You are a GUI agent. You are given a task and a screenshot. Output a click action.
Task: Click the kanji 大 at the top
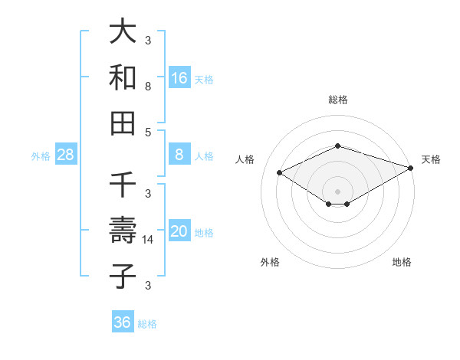123,32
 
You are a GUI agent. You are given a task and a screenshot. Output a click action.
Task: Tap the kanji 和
123,77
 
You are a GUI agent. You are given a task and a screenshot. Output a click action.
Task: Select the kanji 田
123,123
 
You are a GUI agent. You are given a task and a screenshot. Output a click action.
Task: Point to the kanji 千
123,185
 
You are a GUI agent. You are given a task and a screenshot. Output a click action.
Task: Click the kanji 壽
123,231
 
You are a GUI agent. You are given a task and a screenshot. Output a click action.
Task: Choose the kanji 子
123,276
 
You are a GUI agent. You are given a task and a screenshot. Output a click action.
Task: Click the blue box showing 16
179,77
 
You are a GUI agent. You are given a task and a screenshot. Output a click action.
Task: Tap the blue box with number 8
179,155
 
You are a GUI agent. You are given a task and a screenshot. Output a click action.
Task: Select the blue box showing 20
179,231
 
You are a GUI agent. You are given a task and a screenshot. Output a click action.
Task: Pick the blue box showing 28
66,155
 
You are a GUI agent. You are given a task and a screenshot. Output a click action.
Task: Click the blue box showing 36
123,322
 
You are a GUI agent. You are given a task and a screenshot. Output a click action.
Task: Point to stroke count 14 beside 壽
148,241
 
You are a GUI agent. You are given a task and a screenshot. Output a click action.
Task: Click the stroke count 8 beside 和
148,87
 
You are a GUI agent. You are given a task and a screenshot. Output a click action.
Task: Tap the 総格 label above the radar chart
338,100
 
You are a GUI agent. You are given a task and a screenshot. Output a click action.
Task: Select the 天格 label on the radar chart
431,159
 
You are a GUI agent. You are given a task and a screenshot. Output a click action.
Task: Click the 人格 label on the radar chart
245,159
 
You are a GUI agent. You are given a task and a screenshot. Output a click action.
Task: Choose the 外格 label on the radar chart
270,262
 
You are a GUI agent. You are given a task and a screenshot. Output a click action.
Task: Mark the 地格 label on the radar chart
402,262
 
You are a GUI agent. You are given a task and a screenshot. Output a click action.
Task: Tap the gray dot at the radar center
338,191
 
